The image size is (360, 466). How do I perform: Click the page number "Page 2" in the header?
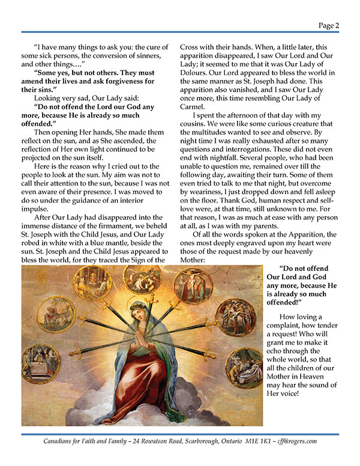[329, 25]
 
